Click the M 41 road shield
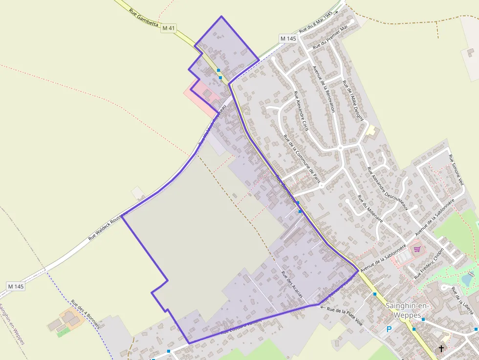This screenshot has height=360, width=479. coord(168,28)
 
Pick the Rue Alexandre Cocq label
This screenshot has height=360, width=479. coord(301,111)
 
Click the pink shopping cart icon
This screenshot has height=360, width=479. coord(417,249)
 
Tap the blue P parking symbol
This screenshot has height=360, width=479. coord(389,329)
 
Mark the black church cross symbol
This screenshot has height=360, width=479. coord(441,349)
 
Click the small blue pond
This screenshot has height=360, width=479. coord(467,280)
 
